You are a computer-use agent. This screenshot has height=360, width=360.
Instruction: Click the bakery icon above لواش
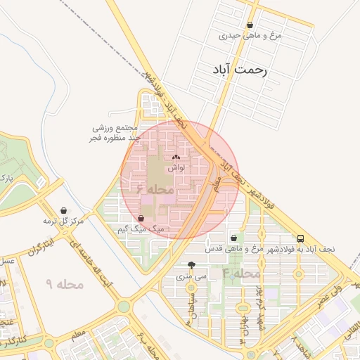coord(176,158)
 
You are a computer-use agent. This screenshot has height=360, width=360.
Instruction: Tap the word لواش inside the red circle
coord(176,169)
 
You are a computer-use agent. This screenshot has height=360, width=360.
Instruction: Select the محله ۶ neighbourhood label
coord(155,189)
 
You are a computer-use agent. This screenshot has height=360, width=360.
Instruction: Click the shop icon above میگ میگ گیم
coord(146,218)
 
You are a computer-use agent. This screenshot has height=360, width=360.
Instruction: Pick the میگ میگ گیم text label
coord(141,229)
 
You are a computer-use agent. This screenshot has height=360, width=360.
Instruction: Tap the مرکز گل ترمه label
coord(63,221)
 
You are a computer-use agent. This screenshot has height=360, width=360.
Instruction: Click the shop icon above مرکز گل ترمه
coord(64,210)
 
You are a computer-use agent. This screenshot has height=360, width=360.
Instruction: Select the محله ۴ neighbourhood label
coord(241,272)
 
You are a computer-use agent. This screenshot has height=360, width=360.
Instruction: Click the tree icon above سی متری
coord(192,265)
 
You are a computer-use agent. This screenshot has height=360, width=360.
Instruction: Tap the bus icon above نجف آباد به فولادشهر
coord(301,238)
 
